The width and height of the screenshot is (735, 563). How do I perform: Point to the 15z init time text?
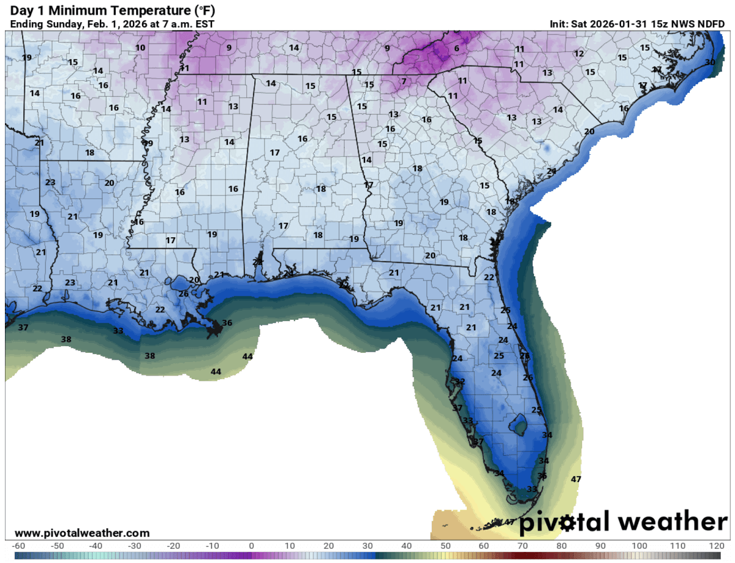[658, 24]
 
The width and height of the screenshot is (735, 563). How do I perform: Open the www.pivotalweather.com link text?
[81, 534]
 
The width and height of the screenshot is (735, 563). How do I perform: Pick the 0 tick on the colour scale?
[251, 546]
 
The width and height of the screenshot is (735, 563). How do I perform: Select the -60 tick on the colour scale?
[18, 546]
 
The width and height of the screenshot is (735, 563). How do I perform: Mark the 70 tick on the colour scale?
[522, 546]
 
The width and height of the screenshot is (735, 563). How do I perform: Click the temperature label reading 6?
[456, 48]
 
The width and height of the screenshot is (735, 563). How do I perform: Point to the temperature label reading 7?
[404, 81]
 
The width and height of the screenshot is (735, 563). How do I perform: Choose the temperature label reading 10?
[140, 48]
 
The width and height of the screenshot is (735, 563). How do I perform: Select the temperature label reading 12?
[579, 54]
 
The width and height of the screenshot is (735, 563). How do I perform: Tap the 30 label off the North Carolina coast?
[710, 62]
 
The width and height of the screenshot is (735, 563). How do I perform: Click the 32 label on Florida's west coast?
[460, 382]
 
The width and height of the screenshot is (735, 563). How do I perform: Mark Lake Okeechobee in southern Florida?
[519, 423]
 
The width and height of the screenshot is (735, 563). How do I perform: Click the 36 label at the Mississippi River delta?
[227, 323]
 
